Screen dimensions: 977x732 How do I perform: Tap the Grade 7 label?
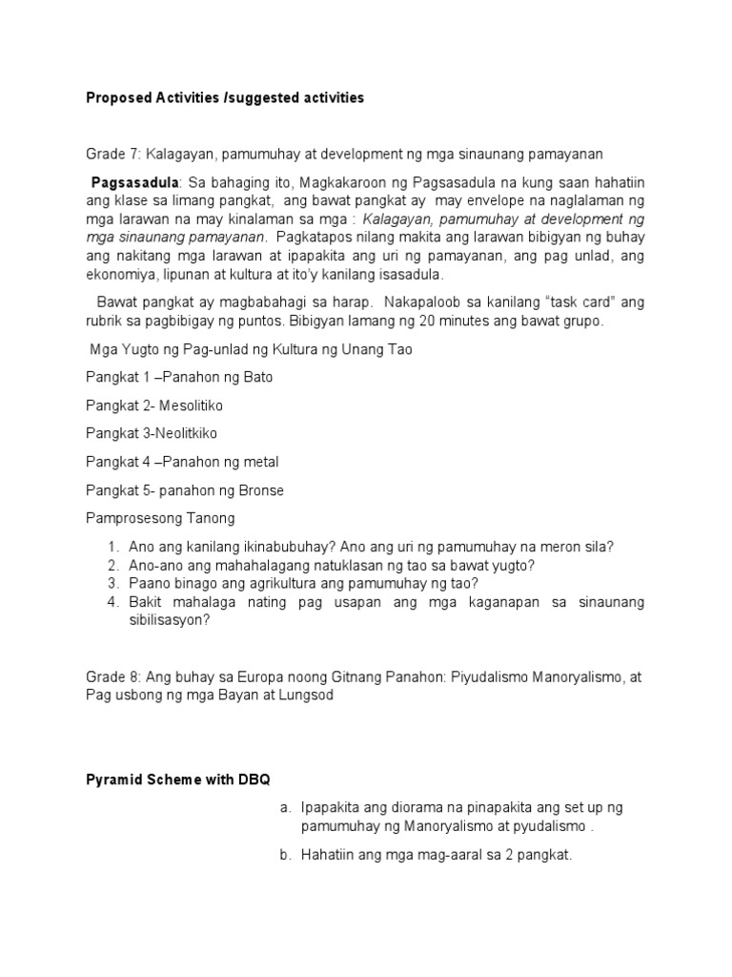(109, 154)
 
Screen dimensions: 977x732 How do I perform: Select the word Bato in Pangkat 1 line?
(257, 377)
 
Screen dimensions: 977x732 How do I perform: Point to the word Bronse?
(262, 490)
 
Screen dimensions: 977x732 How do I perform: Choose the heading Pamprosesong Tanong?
(159, 518)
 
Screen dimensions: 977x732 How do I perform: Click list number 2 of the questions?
(112, 565)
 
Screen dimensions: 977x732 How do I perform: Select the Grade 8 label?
(109, 676)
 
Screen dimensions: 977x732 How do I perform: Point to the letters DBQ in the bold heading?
(254, 780)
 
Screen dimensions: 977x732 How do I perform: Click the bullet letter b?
(284, 855)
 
